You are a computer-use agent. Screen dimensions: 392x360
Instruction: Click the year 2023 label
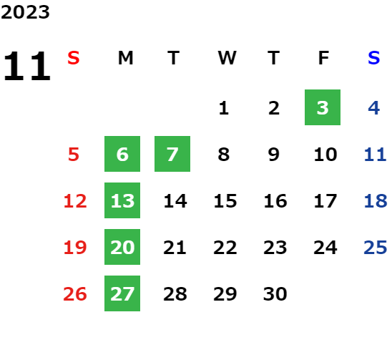[25, 12]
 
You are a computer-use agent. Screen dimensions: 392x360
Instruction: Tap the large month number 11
[27, 66]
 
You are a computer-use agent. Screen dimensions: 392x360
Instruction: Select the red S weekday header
[74, 58]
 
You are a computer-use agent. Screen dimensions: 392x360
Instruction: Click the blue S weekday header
[373, 58]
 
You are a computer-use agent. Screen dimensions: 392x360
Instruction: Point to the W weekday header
[227, 58]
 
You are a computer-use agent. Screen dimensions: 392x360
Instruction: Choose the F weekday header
[323, 58]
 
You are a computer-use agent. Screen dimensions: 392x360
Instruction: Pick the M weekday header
[125, 58]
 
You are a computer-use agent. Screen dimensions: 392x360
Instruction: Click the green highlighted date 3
[323, 107]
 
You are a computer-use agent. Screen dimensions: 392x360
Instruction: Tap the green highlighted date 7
[172, 154]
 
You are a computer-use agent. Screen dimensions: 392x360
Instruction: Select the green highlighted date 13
[122, 200]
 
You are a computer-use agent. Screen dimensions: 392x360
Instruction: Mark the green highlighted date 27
[122, 293]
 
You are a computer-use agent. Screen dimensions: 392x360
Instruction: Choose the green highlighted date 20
[122, 247]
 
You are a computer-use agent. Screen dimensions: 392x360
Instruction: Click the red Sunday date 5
[74, 155]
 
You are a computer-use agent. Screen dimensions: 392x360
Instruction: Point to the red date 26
[75, 294]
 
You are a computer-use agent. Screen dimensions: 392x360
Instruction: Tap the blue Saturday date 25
[376, 248]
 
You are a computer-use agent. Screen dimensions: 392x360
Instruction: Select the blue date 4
[373, 108]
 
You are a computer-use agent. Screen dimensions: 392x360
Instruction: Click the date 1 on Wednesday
[223, 108]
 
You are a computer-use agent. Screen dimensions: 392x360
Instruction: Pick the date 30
[275, 294]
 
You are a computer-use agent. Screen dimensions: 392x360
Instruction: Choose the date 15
[225, 201]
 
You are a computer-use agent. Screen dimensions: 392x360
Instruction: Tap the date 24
[325, 248]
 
